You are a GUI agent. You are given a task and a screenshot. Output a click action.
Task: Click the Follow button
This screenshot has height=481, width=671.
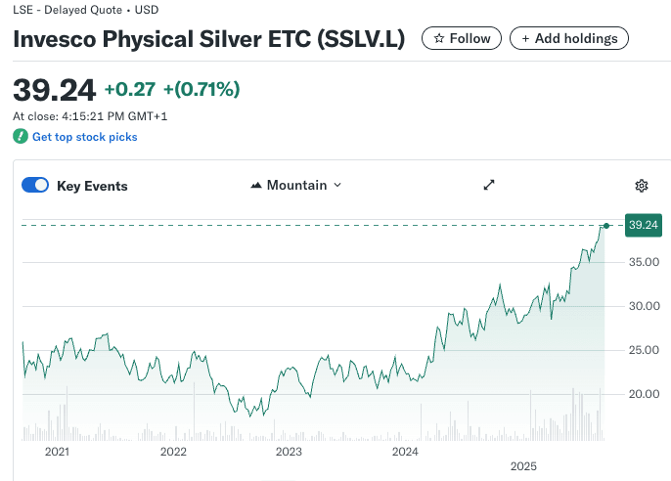tap(462, 38)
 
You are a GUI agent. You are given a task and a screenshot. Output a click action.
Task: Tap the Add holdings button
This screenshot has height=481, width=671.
tap(569, 38)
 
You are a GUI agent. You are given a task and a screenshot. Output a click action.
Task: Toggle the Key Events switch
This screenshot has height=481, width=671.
tap(35, 186)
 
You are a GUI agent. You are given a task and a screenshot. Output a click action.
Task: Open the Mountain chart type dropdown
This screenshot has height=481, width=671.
tap(296, 185)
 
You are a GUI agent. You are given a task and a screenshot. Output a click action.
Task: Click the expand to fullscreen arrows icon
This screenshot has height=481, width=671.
tap(490, 185)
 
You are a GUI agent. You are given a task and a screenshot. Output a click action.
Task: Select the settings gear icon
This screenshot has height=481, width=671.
tap(642, 186)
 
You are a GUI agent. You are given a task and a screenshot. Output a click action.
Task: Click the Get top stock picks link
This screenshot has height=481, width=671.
tap(84, 137)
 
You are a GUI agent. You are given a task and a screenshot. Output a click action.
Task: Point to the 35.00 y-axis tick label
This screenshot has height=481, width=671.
tap(643, 262)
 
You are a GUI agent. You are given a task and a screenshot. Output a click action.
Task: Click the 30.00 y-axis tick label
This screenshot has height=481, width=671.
tap(643, 306)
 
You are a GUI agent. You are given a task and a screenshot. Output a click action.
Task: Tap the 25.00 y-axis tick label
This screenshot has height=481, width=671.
tap(643, 350)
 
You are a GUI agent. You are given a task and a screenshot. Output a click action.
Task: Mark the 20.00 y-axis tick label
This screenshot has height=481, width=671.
tap(643, 394)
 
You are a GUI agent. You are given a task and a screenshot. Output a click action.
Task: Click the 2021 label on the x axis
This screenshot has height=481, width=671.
tap(58, 452)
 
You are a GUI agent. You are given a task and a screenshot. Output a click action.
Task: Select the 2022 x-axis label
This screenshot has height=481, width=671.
tap(173, 452)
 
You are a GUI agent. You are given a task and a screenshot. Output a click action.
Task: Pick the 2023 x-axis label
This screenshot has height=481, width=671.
tap(289, 452)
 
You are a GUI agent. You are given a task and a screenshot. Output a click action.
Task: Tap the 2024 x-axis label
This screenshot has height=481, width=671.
tap(405, 452)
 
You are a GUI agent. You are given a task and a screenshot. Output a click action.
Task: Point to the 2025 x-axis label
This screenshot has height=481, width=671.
tap(523, 466)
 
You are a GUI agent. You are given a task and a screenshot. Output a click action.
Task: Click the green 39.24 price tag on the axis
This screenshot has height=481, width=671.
tap(643, 225)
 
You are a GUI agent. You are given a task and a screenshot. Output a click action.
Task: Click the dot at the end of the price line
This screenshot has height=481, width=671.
tap(606, 226)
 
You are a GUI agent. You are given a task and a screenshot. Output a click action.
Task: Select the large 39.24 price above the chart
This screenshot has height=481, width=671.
tap(54, 90)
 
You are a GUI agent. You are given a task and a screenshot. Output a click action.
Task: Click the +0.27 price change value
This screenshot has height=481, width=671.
tap(129, 90)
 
